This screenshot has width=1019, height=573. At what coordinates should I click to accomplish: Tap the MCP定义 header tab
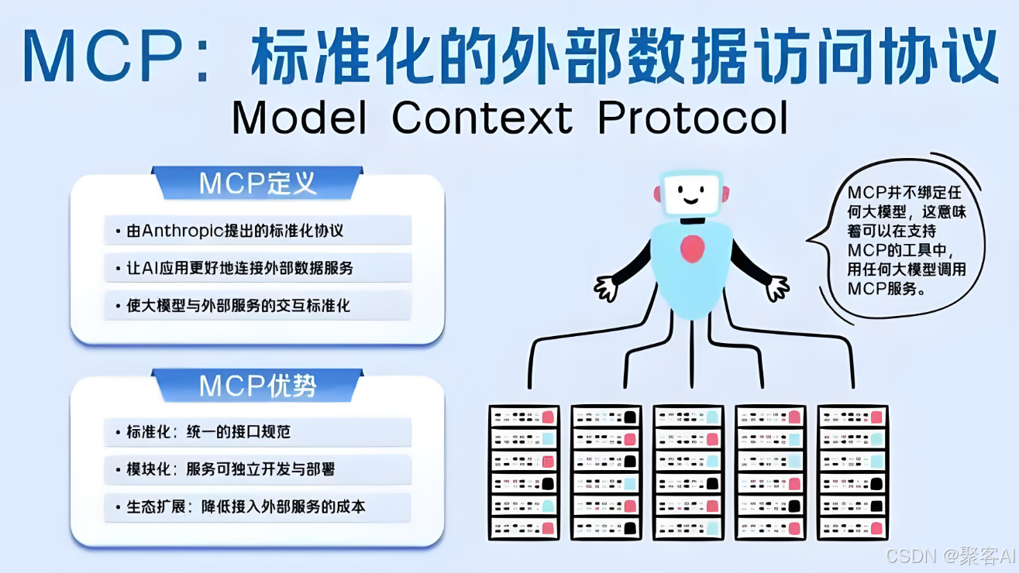(257, 184)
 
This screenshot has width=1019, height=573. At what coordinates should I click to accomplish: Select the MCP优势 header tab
(257, 385)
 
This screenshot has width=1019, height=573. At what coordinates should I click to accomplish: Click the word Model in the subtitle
(298, 118)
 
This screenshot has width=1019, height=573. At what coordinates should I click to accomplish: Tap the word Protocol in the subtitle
(693, 118)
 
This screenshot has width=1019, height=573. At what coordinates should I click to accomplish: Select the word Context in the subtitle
(482, 118)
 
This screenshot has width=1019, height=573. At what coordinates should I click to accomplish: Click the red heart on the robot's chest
(691, 249)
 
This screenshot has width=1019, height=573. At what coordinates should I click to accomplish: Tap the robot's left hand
(606, 288)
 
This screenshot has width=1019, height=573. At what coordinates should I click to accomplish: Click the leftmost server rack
(523, 472)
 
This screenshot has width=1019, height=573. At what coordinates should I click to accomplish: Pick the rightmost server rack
(853, 472)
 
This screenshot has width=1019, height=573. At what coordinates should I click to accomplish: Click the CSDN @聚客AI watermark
(950, 555)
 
